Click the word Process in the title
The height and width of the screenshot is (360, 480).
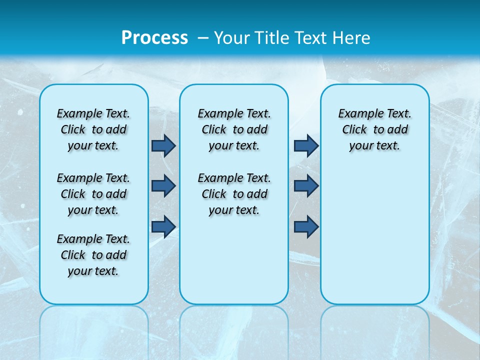click(x=154, y=37)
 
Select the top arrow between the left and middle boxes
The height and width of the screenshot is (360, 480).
click(x=163, y=145)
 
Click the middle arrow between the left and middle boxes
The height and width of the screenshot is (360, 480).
click(x=163, y=186)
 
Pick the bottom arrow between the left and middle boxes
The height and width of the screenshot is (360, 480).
click(x=163, y=226)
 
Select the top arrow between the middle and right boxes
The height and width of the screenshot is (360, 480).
click(x=306, y=145)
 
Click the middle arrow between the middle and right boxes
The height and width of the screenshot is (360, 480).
click(x=306, y=186)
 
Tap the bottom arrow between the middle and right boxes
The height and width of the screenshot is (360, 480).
click(x=306, y=226)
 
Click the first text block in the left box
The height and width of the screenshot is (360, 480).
click(x=93, y=129)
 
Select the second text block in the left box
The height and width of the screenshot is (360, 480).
click(x=93, y=194)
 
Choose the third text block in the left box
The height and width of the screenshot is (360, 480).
click(x=93, y=255)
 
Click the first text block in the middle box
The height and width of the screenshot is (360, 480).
click(x=234, y=129)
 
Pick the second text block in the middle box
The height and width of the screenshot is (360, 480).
click(x=234, y=194)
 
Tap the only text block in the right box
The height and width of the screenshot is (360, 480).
click(x=374, y=129)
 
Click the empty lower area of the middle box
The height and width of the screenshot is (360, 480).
click(x=234, y=260)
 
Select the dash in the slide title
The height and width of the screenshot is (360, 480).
click(x=203, y=37)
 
